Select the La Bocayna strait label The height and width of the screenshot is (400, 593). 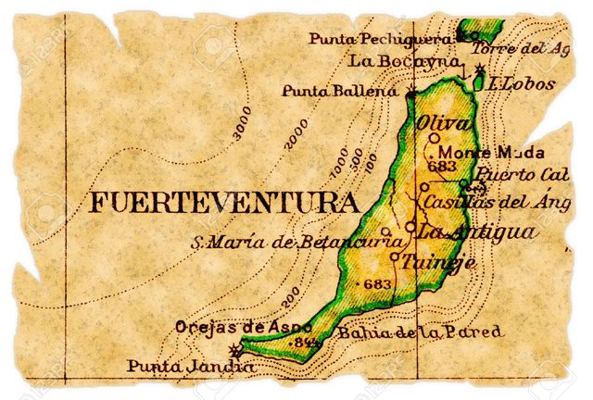pos(404,61)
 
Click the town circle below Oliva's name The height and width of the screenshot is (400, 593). pos(435,138)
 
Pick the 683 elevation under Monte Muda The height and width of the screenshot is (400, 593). pos(444,167)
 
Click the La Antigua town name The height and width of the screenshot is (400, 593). pos(476,231)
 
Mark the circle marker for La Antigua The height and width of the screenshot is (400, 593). pos(410,227)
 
